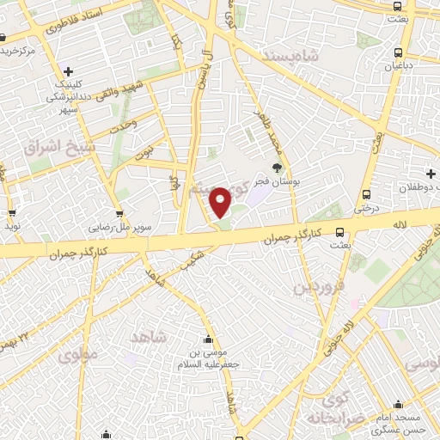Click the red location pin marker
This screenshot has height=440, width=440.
click(x=221, y=202)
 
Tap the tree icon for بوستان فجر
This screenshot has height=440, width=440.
click(x=277, y=169)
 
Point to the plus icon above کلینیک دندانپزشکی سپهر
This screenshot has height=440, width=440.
click(x=68, y=71)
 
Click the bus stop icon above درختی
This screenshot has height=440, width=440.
click(x=367, y=194)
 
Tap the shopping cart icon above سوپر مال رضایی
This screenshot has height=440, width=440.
click(x=119, y=215)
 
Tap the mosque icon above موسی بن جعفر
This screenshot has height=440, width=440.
click(x=208, y=339)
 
